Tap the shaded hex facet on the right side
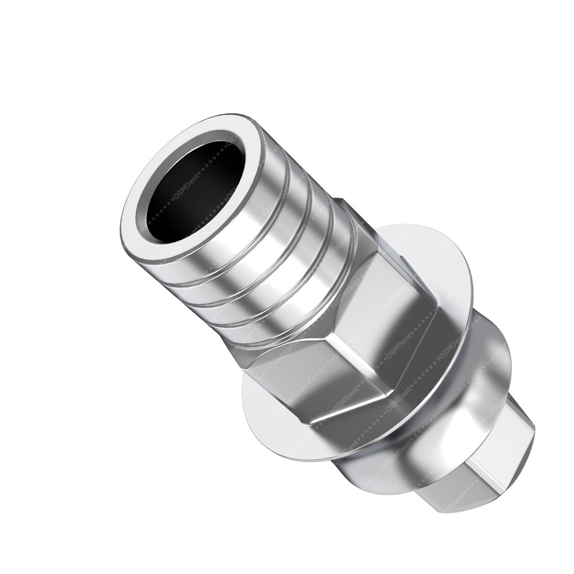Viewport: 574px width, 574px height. (x=402, y=321)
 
